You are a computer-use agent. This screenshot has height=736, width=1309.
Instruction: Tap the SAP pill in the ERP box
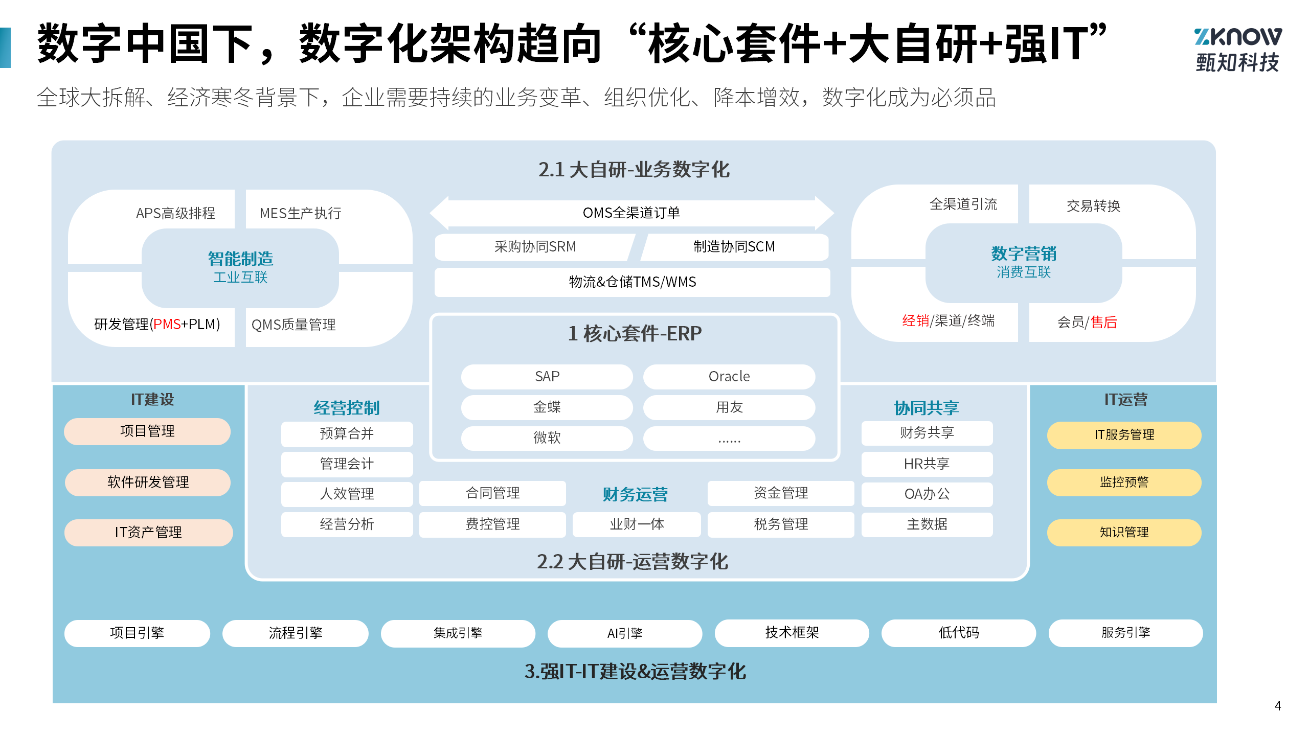(x=547, y=377)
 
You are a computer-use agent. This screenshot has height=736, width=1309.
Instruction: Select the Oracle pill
(x=729, y=377)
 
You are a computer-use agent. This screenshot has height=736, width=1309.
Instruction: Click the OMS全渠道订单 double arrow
(x=631, y=213)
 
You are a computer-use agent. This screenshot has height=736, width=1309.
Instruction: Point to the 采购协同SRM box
(x=535, y=247)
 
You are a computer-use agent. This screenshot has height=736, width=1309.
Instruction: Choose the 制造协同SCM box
(x=734, y=247)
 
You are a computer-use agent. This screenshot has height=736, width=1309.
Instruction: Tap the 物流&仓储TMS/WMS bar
(x=632, y=282)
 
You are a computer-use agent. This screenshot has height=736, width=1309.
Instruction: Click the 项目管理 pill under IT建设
(x=147, y=431)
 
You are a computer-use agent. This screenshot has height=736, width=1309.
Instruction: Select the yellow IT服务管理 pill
(x=1124, y=435)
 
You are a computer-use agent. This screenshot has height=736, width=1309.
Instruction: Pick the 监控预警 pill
(x=1124, y=482)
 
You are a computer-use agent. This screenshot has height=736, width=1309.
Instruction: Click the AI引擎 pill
(x=624, y=633)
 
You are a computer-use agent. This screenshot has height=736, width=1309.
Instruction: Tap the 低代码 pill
(x=959, y=633)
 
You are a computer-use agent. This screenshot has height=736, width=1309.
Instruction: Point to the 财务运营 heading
(x=635, y=494)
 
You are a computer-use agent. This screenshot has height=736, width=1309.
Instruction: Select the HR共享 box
(x=927, y=464)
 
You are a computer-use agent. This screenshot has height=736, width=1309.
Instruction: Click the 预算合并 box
(x=347, y=434)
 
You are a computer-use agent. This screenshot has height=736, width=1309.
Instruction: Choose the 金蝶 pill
(x=547, y=407)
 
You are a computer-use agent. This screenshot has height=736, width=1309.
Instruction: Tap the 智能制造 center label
(x=240, y=259)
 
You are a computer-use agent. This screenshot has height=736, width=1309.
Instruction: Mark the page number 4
(x=1278, y=706)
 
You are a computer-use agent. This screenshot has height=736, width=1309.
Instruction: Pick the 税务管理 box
(x=781, y=524)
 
